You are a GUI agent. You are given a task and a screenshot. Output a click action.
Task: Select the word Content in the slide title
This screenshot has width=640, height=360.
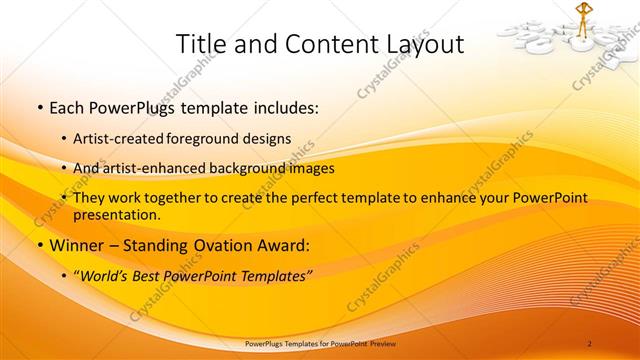click(x=319, y=44)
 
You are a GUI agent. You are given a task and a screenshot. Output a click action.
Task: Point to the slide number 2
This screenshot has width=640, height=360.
click(x=589, y=343)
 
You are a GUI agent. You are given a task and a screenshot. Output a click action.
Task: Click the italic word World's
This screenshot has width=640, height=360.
click(x=104, y=274)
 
